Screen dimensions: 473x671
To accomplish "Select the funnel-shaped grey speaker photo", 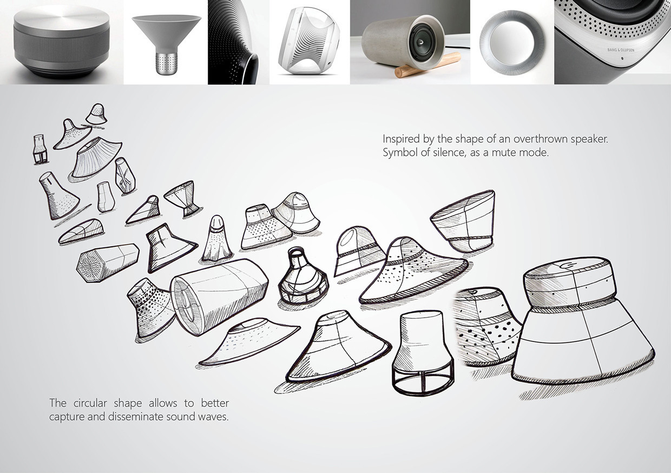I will click(x=166, y=41).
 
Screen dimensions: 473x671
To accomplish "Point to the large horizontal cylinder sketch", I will click(x=219, y=295).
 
